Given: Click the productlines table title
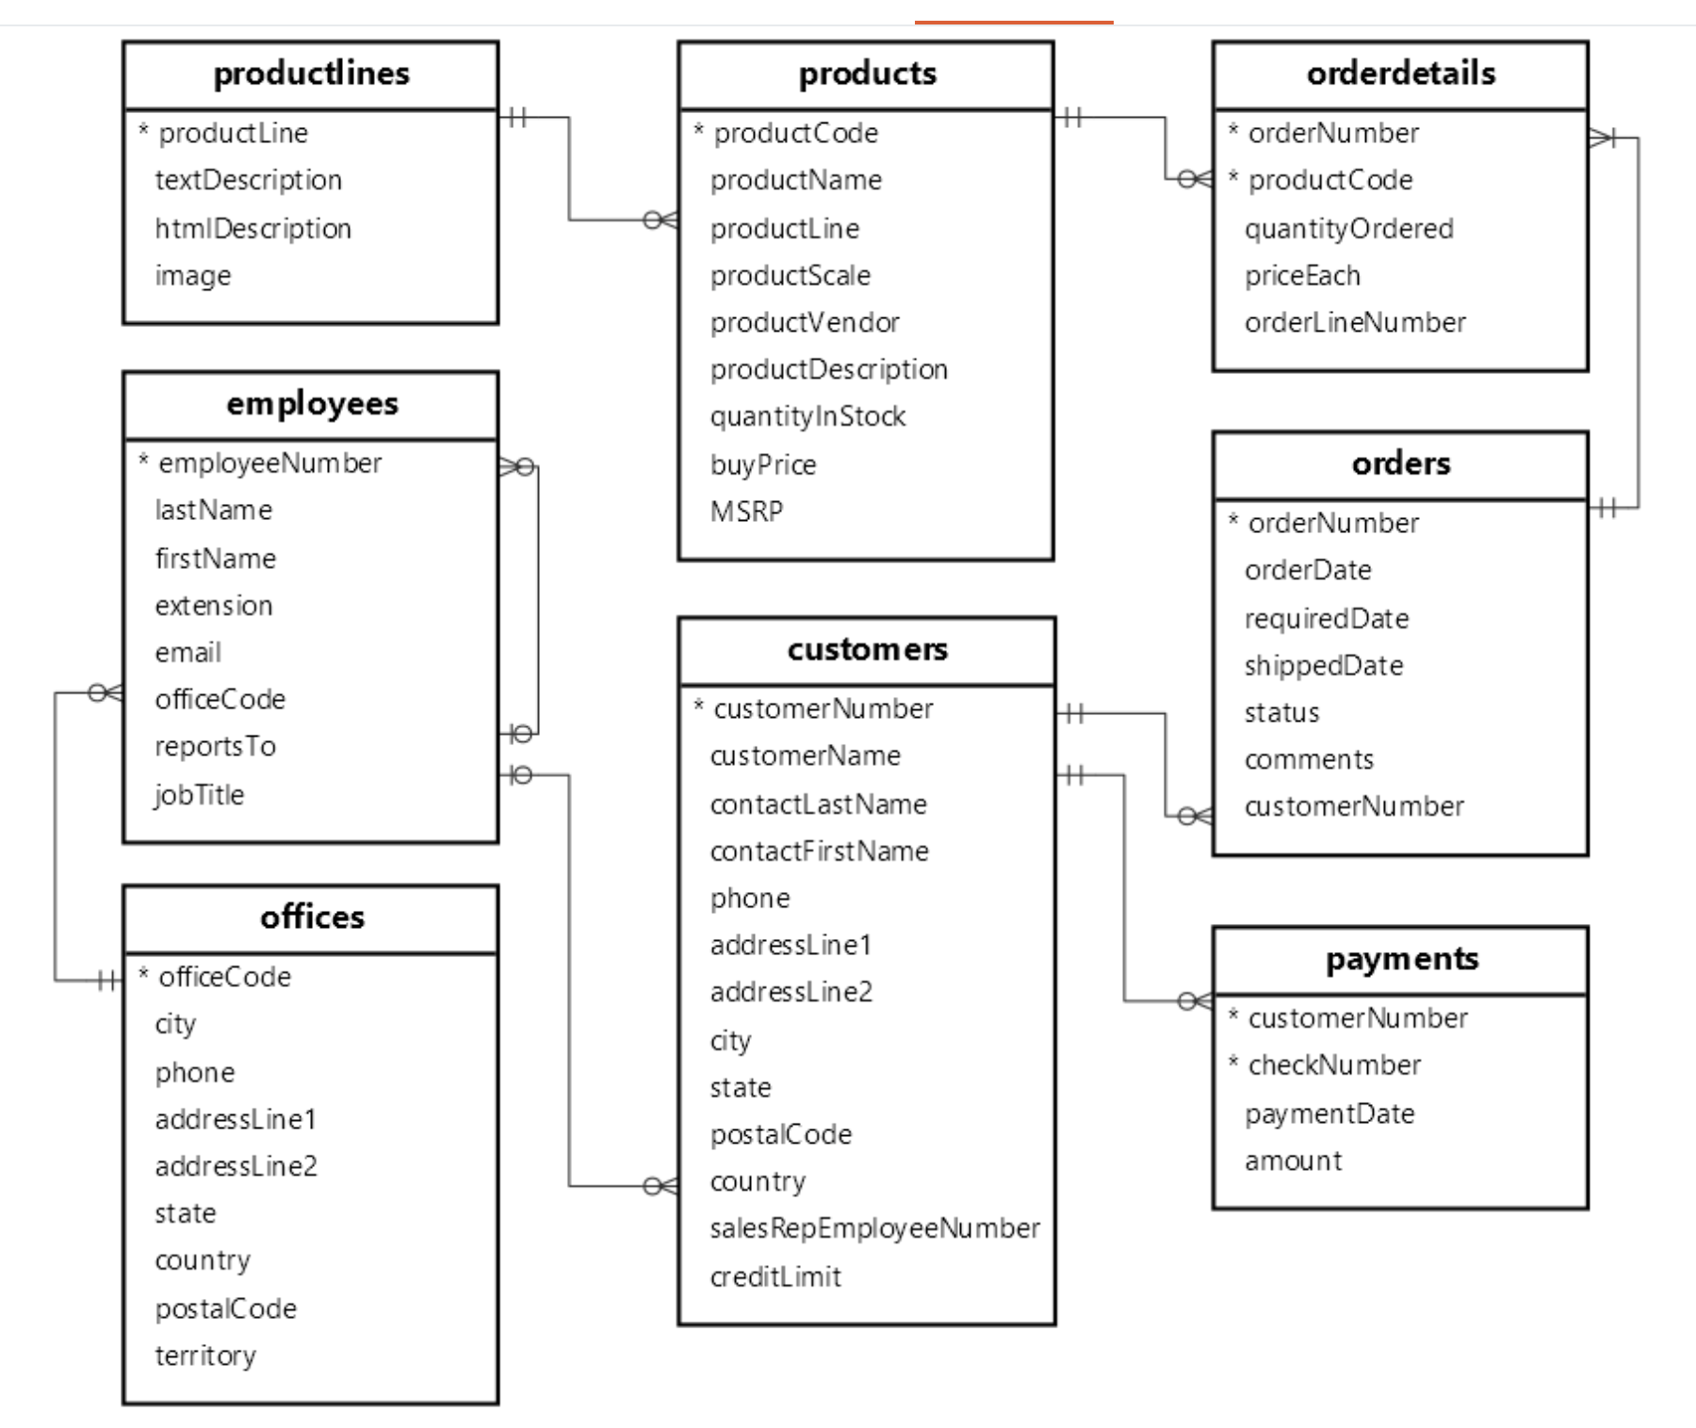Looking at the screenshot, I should point(311,73).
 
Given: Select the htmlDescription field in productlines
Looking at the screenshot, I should point(253,228).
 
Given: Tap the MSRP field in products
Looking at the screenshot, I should point(746,511).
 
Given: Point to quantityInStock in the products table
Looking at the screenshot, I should point(807,416).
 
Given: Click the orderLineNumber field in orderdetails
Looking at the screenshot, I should point(1354,322).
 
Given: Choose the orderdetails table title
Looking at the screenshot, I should point(1400,73).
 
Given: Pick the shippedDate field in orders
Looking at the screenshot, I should point(1323,665).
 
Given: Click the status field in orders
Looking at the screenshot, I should point(1281,712).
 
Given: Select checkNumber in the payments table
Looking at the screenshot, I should point(1333,1064).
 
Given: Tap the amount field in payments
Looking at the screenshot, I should point(1293,1160).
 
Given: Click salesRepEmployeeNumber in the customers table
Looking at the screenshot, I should point(874,1228).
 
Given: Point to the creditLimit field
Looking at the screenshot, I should point(775,1276).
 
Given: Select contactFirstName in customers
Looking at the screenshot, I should point(819,851).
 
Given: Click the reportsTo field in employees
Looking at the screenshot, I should point(215,746).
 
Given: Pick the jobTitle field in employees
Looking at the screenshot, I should point(199,794).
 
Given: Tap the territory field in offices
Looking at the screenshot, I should point(205,1355).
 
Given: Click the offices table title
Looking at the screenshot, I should point(311,917).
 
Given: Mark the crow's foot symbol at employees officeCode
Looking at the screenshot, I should point(106,693).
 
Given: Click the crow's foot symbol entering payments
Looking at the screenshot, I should point(1196,1000).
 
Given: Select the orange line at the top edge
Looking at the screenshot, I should point(1014,22).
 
